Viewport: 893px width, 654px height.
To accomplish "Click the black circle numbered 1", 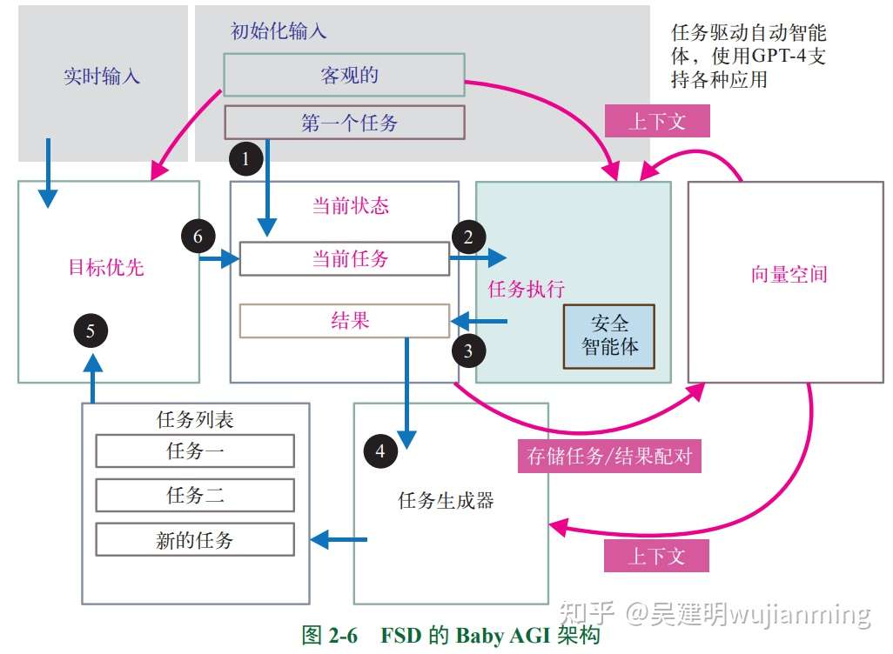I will pos(245,159).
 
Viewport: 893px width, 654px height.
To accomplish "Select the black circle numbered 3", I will pos(468,350).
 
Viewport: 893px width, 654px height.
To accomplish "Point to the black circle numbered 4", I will pos(379,451).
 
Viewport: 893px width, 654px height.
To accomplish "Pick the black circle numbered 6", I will pos(198,236).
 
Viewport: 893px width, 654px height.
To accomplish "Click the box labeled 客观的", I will pos(345,75).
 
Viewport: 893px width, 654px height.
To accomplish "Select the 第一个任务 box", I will pos(345,123).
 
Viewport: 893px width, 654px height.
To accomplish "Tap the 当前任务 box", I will pos(345,258).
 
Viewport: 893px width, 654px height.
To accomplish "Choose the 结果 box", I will pos(345,321).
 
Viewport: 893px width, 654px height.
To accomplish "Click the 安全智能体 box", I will pos(609,336).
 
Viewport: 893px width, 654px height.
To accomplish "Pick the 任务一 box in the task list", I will pos(195,451).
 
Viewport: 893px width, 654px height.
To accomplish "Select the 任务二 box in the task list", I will pos(195,496).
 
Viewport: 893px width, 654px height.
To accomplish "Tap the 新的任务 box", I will pos(195,540).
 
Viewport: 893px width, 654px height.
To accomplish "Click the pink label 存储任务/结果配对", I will pos(610,456).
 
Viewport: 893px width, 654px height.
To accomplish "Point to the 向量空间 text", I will pos(789,276).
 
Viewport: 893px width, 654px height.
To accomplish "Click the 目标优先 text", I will pos(106,267).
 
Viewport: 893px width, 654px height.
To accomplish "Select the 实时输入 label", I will pos(102,77).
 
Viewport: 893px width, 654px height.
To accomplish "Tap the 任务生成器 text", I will pos(446,501).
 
